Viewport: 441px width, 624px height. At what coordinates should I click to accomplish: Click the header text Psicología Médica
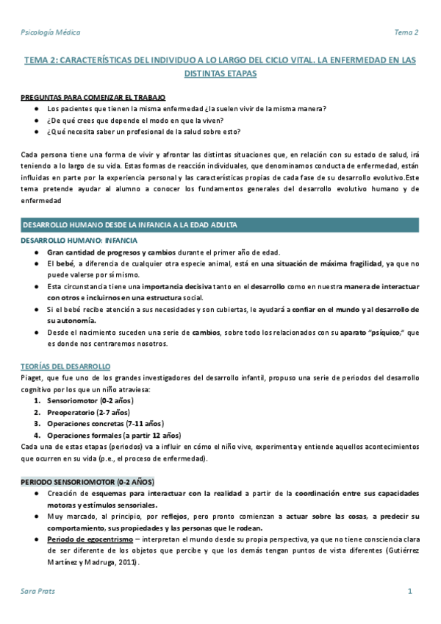pos(51,32)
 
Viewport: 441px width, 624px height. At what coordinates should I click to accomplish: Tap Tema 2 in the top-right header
pos(406,32)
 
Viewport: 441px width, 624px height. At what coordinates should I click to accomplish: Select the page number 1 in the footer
pos(410,592)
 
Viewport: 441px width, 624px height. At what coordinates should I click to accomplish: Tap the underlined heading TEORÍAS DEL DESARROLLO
pos(65,366)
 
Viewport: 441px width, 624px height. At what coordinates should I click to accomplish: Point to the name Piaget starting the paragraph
pos(32,379)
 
